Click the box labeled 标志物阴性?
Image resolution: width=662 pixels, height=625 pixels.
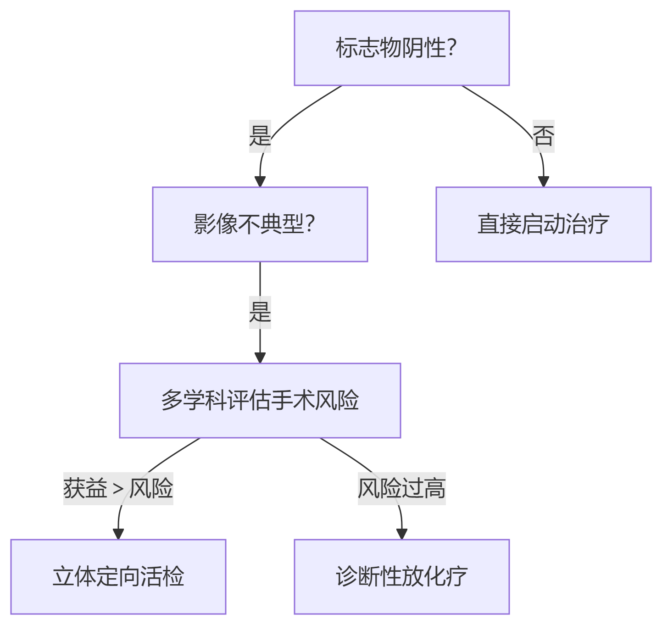pyautogui.click(x=401, y=48)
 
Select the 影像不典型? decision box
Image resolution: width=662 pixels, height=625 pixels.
pyautogui.click(x=260, y=224)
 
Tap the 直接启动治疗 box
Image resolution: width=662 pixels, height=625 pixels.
pyautogui.click(x=543, y=224)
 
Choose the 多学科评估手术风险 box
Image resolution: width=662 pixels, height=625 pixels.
pyautogui.click(x=260, y=401)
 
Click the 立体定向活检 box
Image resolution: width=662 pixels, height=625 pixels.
pyautogui.click(x=118, y=577)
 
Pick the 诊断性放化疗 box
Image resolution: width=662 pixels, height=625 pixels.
pyautogui.click(x=401, y=577)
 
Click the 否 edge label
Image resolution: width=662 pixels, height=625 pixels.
pyautogui.click(x=543, y=136)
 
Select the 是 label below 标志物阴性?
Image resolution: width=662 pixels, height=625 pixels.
pyautogui.click(x=260, y=136)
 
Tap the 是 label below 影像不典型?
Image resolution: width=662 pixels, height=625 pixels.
pyautogui.click(x=260, y=312)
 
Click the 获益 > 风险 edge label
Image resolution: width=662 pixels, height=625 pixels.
pyautogui.click(x=118, y=489)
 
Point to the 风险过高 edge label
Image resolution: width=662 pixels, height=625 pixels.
pyautogui.click(x=401, y=489)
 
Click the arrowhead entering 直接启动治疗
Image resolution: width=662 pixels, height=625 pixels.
pyautogui.click(x=543, y=181)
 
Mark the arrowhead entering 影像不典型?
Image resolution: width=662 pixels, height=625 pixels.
pyautogui.click(x=260, y=181)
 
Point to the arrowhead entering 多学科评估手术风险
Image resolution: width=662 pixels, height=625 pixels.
pyautogui.click(x=260, y=357)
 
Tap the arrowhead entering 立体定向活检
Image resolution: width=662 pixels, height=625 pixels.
pyautogui.click(x=118, y=534)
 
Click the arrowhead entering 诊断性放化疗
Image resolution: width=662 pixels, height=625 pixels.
pyautogui.click(x=401, y=534)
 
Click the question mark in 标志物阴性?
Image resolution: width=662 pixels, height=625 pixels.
pyautogui.click(x=451, y=48)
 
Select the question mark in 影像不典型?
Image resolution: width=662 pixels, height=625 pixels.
pyautogui.click(x=310, y=224)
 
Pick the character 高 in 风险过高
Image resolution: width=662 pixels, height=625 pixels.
pyautogui.click(x=434, y=489)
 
